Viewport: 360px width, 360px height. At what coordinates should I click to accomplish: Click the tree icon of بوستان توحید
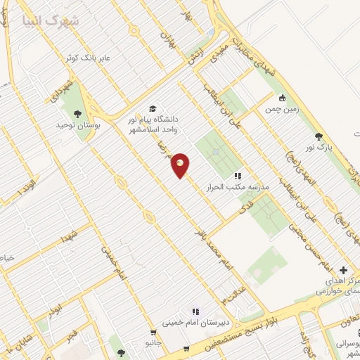point(77,113)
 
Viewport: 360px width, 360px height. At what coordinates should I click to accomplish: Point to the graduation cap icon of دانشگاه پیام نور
point(153,108)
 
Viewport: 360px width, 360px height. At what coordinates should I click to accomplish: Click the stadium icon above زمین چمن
point(283,98)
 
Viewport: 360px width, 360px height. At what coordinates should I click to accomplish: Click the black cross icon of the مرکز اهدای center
point(343,270)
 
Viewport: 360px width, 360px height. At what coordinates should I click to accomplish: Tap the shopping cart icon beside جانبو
point(153,333)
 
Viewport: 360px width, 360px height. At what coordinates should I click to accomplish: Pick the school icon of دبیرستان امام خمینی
point(196,311)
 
